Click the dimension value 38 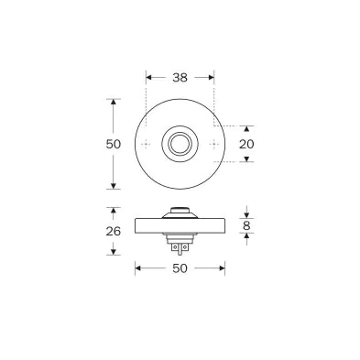point(180,78)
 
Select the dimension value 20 point(246,144)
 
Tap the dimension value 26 point(114,232)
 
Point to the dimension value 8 point(246,226)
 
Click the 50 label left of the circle point(114,144)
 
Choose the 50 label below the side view point(180,268)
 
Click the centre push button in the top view point(180,144)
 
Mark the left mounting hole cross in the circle point(147,144)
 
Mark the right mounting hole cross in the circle point(213,144)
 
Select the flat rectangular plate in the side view point(180,226)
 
